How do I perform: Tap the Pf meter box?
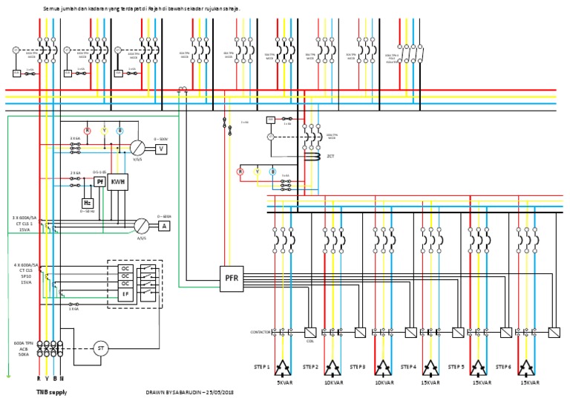click(x=99, y=182)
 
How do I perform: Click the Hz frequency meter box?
click(x=88, y=202)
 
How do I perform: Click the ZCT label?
click(x=330, y=157)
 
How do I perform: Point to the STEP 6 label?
click(x=504, y=366)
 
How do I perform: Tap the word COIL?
click(x=310, y=342)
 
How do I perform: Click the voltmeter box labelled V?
click(x=162, y=149)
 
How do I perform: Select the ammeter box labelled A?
click(x=164, y=225)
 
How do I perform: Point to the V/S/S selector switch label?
click(x=137, y=158)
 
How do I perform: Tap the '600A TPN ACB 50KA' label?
click(x=24, y=348)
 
